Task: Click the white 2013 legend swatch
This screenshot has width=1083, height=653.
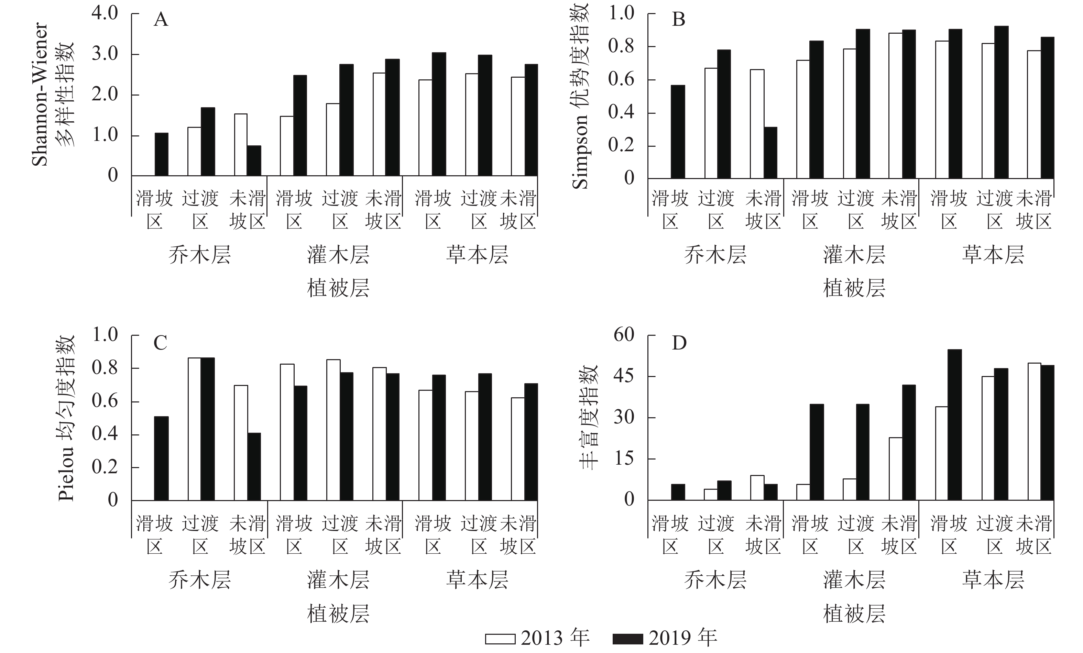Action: pyautogui.click(x=500, y=639)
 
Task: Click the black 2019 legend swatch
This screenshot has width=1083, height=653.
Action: pyautogui.click(x=628, y=639)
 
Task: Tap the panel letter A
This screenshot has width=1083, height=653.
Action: pyautogui.click(x=161, y=20)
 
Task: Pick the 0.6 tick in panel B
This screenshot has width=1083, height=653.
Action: pyautogui.click(x=621, y=79)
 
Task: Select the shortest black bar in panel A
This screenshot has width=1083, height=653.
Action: pyautogui.click(x=254, y=161)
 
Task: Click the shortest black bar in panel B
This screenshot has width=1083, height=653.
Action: pyautogui.click(x=770, y=153)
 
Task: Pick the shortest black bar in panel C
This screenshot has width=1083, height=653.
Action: pyautogui.click(x=254, y=466)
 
